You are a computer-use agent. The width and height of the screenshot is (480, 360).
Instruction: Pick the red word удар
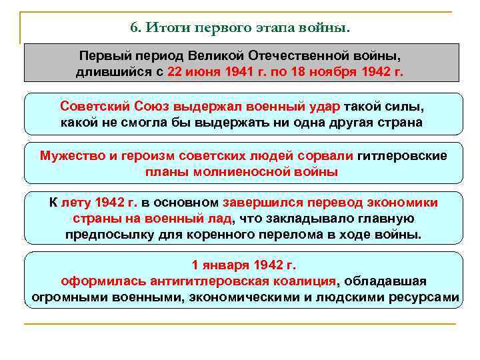325,107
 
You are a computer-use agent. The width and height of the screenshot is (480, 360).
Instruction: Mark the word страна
399,123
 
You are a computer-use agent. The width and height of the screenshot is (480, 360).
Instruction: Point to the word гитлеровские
403,156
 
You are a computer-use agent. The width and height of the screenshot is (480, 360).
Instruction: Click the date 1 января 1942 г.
243,265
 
